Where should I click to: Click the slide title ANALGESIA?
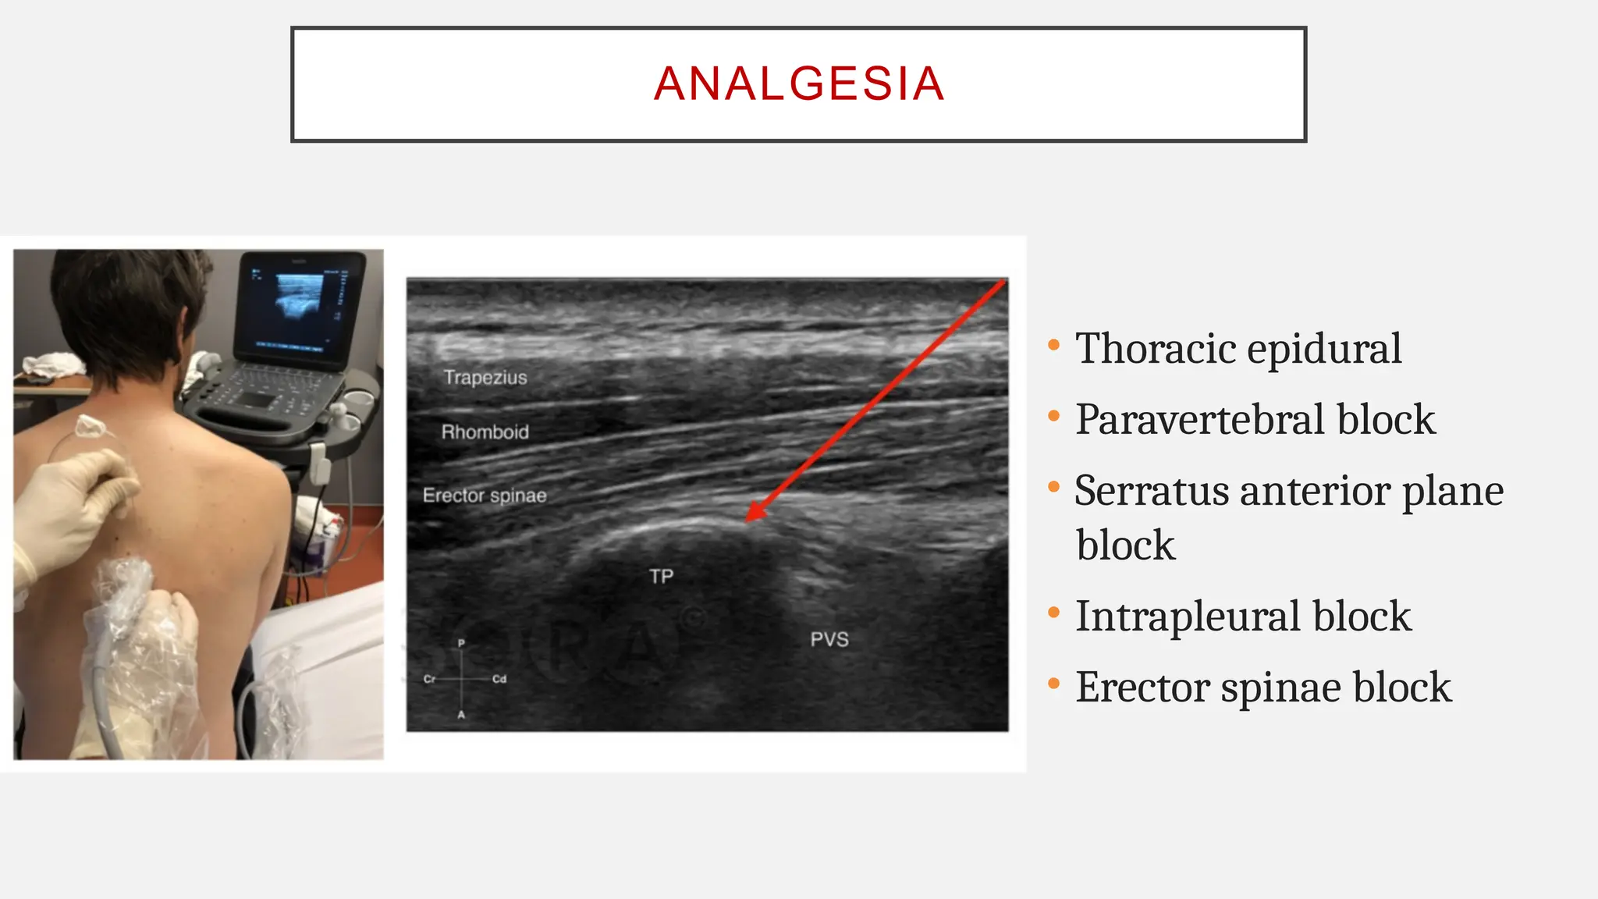pyautogui.click(x=799, y=84)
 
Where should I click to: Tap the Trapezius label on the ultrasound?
pyautogui.click(x=485, y=378)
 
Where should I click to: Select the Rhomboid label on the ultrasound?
pyautogui.click(x=485, y=432)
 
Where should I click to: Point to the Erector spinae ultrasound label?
pyautogui.click(x=484, y=496)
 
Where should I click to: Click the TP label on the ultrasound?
pyautogui.click(x=661, y=577)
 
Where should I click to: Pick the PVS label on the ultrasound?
pyautogui.click(x=829, y=640)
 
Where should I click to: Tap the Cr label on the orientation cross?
pyautogui.click(x=429, y=679)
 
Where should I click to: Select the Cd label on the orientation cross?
pyautogui.click(x=499, y=679)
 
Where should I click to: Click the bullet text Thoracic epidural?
pyautogui.click(x=1238, y=348)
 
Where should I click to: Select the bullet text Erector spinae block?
pyautogui.click(x=1262, y=687)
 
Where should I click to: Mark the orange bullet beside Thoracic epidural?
pyautogui.click(x=1053, y=344)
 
